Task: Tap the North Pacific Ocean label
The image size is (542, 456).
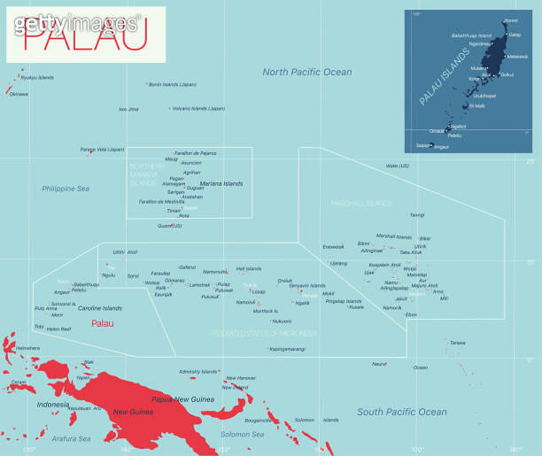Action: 306,72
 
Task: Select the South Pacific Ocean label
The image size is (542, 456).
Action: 402,412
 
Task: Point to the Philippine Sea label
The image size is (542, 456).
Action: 66,189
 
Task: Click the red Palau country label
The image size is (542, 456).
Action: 103,323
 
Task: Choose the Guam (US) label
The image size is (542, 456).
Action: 170,226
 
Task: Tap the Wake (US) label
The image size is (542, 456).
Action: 398,166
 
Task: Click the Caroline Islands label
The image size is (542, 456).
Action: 100,308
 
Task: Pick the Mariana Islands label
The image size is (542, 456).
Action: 221,184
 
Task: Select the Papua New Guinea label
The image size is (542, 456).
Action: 183,399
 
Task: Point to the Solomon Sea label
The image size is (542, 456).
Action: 242,434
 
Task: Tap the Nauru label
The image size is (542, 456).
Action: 379,364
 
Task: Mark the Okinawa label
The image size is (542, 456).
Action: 19,93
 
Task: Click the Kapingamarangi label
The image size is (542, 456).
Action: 288,349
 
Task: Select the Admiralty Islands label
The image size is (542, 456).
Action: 198,372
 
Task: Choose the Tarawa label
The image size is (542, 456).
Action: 457,342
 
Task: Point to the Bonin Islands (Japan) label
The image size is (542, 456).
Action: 173,84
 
